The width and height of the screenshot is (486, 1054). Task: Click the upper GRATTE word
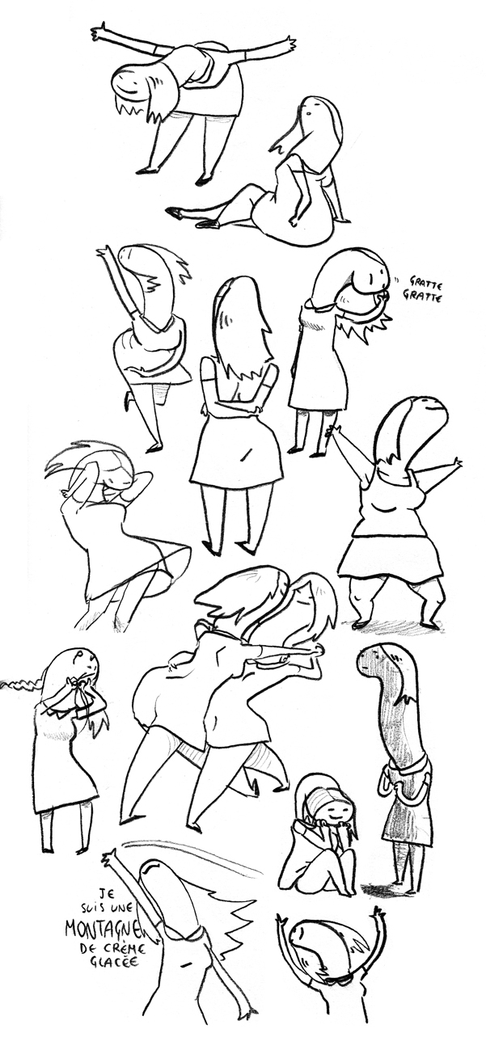(424, 285)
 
